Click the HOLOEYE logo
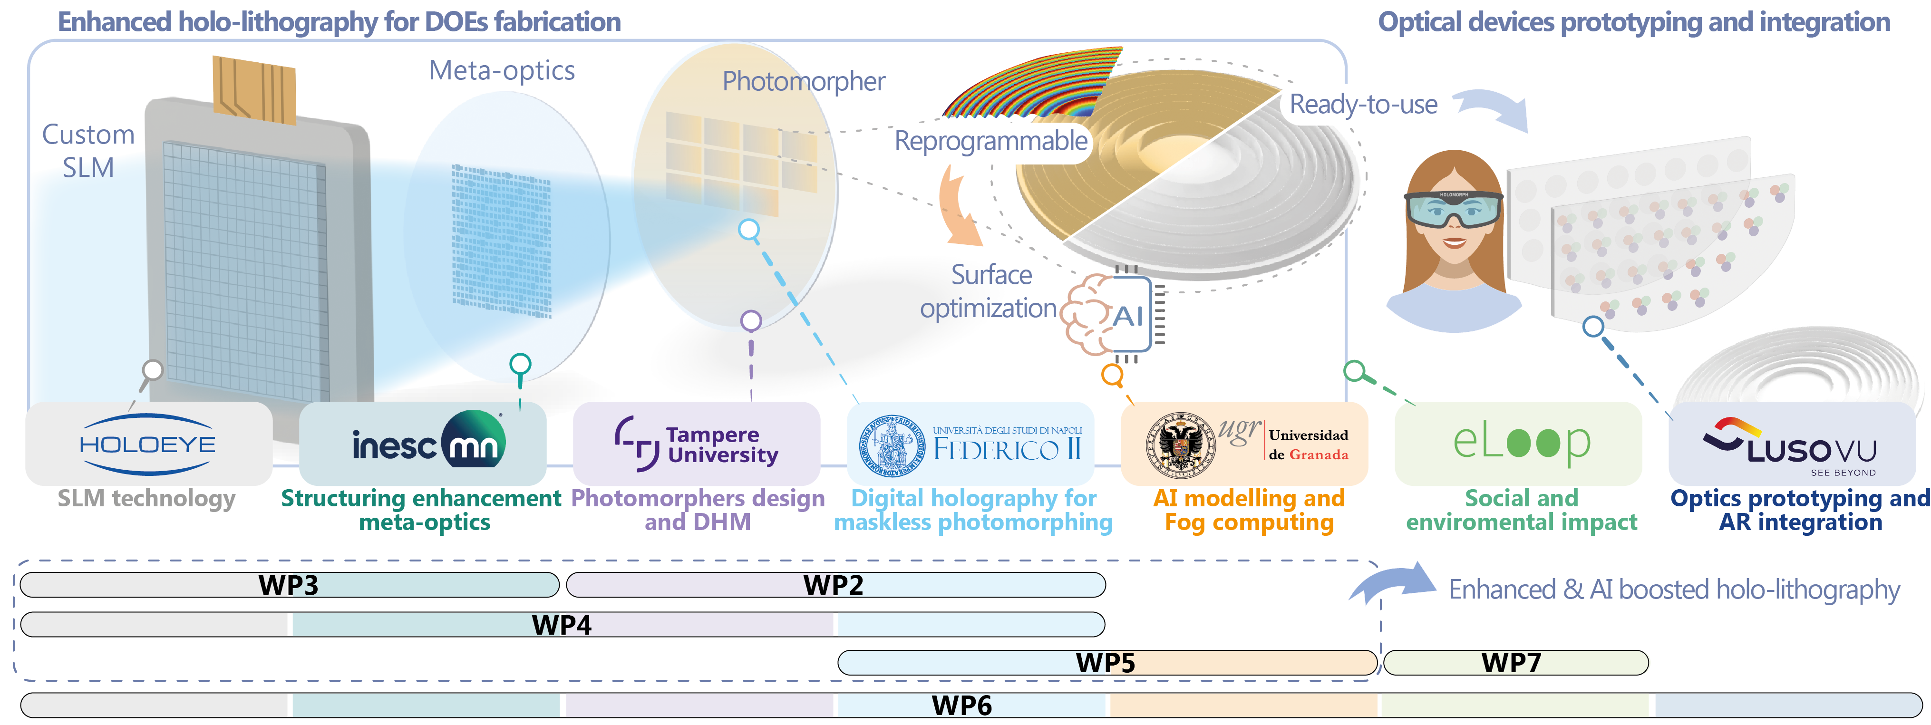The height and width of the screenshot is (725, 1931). [x=148, y=444]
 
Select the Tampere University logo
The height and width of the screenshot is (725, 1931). [x=697, y=444]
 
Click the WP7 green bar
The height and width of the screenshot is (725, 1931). [x=1514, y=663]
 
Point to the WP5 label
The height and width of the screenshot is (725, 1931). [x=1105, y=663]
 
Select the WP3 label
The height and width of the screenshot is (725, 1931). [x=289, y=585]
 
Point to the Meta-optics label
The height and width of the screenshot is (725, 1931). [x=502, y=70]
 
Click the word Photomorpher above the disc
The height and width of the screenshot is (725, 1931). [x=803, y=81]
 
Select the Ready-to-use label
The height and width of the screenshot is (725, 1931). [x=1363, y=104]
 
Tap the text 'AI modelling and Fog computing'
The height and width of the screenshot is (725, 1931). [x=1249, y=510]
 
